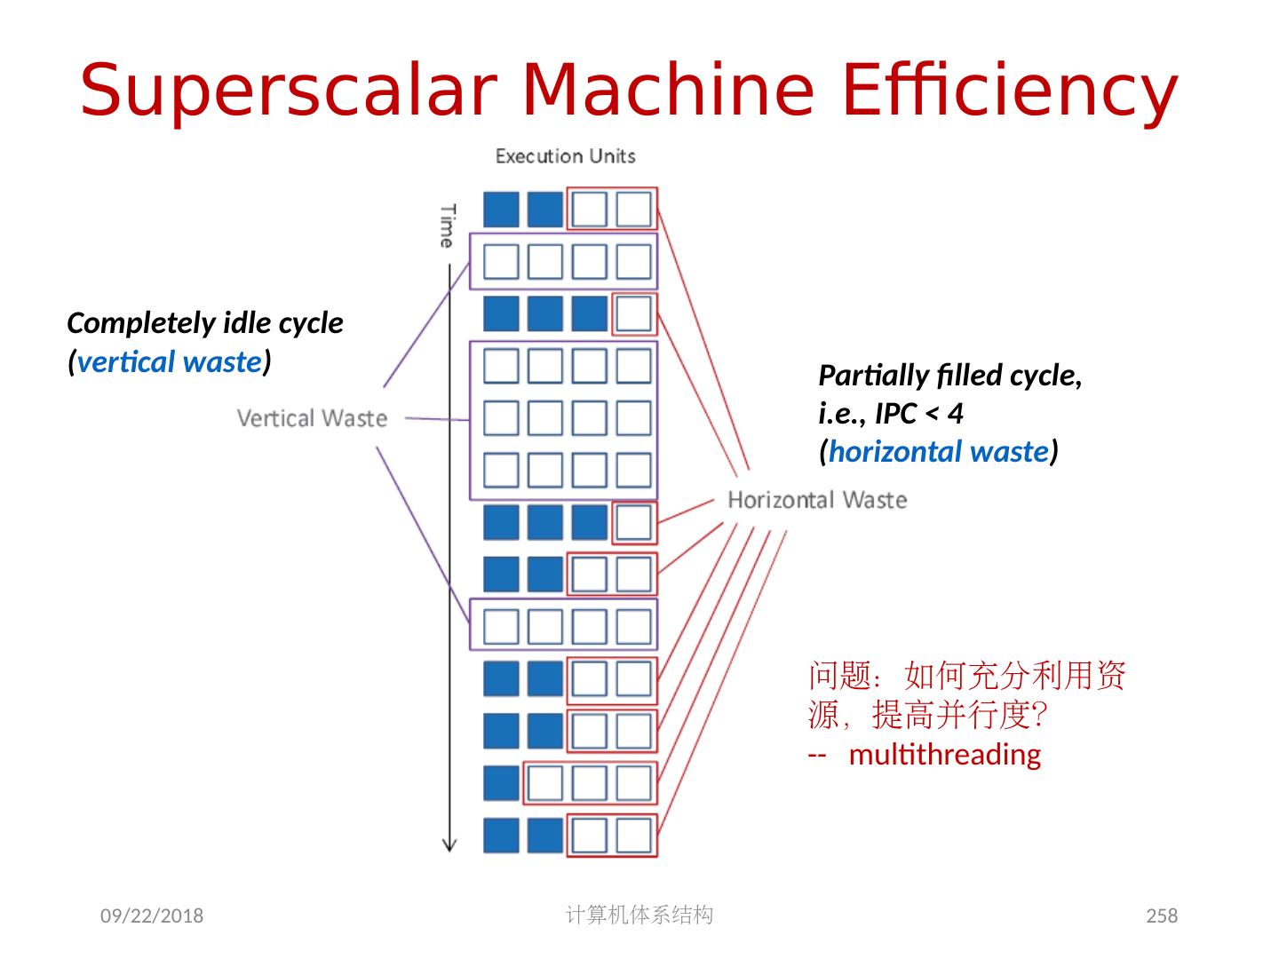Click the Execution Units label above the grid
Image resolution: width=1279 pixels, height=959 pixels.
(x=565, y=156)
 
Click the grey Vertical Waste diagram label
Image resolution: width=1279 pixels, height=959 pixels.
(x=312, y=418)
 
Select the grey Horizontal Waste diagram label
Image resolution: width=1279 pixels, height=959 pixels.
(x=816, y=500)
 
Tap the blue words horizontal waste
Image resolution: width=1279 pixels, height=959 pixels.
(x=938, y=452)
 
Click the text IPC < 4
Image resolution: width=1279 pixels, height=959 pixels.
(x=919, y=414)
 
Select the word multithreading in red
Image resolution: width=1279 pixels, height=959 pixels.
(x=944, y=755)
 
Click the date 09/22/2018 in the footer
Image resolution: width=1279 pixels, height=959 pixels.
(x=151, y=915)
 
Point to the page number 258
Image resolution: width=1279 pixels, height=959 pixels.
(x=1162, y=915)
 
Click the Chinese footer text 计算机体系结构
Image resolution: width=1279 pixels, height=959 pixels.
(x=639, y=915)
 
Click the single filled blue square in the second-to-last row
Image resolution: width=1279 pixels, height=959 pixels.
(x=501, y=783)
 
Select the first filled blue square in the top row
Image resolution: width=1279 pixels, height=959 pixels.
(x=501, y=210)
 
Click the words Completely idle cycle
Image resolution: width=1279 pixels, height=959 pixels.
(x=205, y=323)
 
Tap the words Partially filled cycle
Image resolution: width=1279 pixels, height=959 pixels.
(x=949, y=376)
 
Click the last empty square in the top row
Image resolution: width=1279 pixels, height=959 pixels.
(x=633, y=210)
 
